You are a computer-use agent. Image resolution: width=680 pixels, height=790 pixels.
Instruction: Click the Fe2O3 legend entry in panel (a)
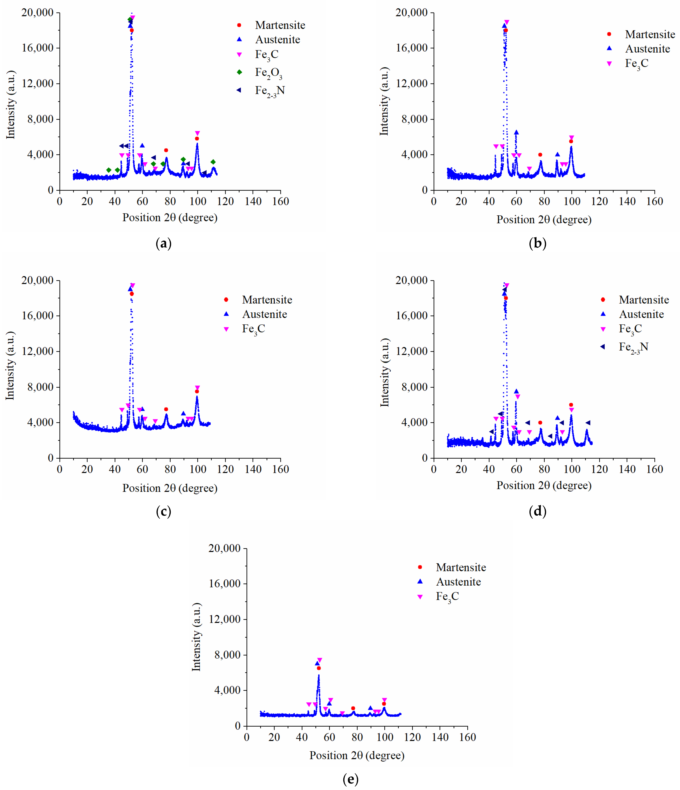point(268,72)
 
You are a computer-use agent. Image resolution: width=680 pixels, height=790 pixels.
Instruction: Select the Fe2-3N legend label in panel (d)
point(633,347)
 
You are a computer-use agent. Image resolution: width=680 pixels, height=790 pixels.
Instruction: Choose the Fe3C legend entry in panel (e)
point(447,596)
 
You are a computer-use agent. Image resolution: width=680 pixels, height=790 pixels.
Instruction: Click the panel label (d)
point(537,511)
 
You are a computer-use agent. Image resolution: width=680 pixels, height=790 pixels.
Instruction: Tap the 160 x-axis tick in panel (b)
point(654,201)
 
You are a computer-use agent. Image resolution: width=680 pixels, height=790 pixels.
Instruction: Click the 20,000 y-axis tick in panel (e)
point(224,548)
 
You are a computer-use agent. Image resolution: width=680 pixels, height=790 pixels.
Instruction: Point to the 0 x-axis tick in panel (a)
point(59,201)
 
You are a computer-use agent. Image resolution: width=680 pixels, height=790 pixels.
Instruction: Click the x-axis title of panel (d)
point(544,485)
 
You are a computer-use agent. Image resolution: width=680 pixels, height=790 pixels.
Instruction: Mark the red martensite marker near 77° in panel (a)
point(166,150)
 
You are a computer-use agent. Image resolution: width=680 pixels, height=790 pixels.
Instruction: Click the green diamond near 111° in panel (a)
point(213,162)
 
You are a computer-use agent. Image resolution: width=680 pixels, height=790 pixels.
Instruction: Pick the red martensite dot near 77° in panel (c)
point(166,409)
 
